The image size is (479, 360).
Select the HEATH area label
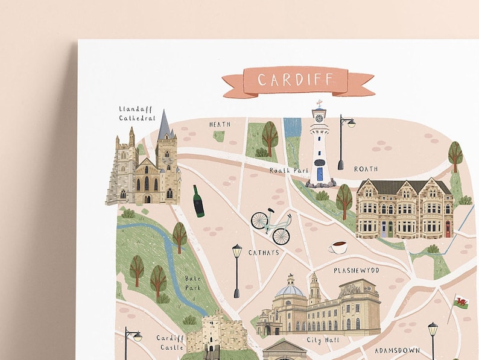coord(220,125)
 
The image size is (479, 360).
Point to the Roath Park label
coord(288,171)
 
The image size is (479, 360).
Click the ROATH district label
coord(366,169)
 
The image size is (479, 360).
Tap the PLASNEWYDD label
coord(356,271)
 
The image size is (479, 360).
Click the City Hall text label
coord(323,340)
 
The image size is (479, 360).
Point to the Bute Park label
coord(194,283)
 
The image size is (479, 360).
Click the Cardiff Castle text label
coord(170,343)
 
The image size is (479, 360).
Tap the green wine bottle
coord(198,201)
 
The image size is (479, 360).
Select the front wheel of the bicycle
coord(281,235)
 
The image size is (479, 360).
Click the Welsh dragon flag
coord(461,302)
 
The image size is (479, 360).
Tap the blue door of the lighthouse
coord(320,174)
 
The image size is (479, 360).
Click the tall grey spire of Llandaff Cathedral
coord(163,125)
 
